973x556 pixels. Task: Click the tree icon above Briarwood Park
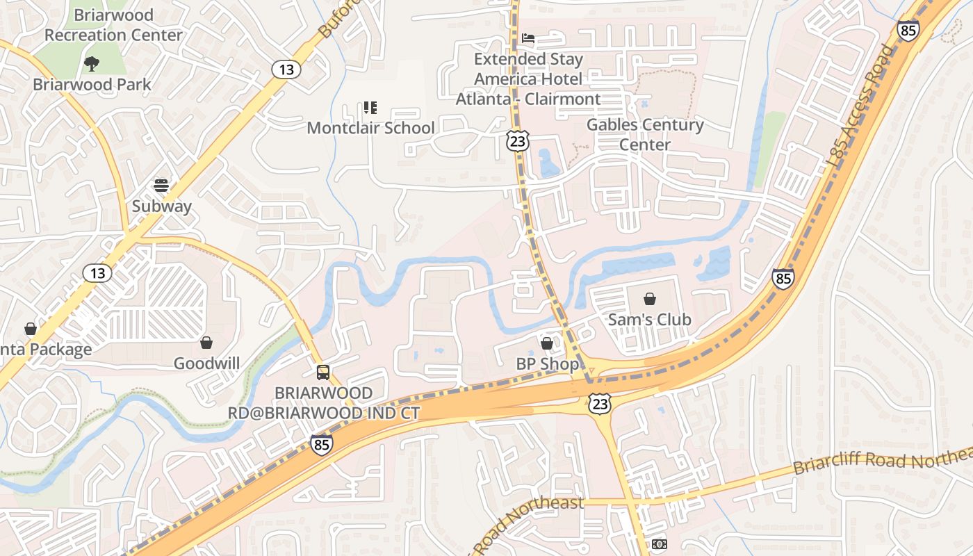click(x=91, y=64)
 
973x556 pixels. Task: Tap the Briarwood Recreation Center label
click(x=113, y=25)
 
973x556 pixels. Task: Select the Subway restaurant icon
click(x=161, y=186)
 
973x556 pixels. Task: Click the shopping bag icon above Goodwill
click(x=206, y=343)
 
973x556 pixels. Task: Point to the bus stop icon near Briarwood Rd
click(x=323, y=372)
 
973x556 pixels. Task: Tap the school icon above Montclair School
click(x=370, y=108)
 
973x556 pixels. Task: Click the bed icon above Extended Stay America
click(x=528, y=38)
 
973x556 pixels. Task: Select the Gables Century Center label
click(x=645, y=135)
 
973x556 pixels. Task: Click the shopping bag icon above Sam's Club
click(x=649, y=299)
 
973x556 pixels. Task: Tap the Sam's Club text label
click(x=649, y=320)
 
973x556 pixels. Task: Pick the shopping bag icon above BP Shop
click(x=547, y=343)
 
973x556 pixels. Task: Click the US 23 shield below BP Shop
click(x=599, y=403)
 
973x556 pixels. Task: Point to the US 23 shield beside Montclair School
click(x=518, y=141)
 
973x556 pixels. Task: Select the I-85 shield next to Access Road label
click(x=908, y=30)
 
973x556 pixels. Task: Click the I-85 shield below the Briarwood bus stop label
click(x=321, y=444)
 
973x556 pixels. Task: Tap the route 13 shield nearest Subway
click(x=97, y=273)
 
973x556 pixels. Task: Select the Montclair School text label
click(x=370, y=129)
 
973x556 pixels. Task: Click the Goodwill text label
click(x=206, y=363)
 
